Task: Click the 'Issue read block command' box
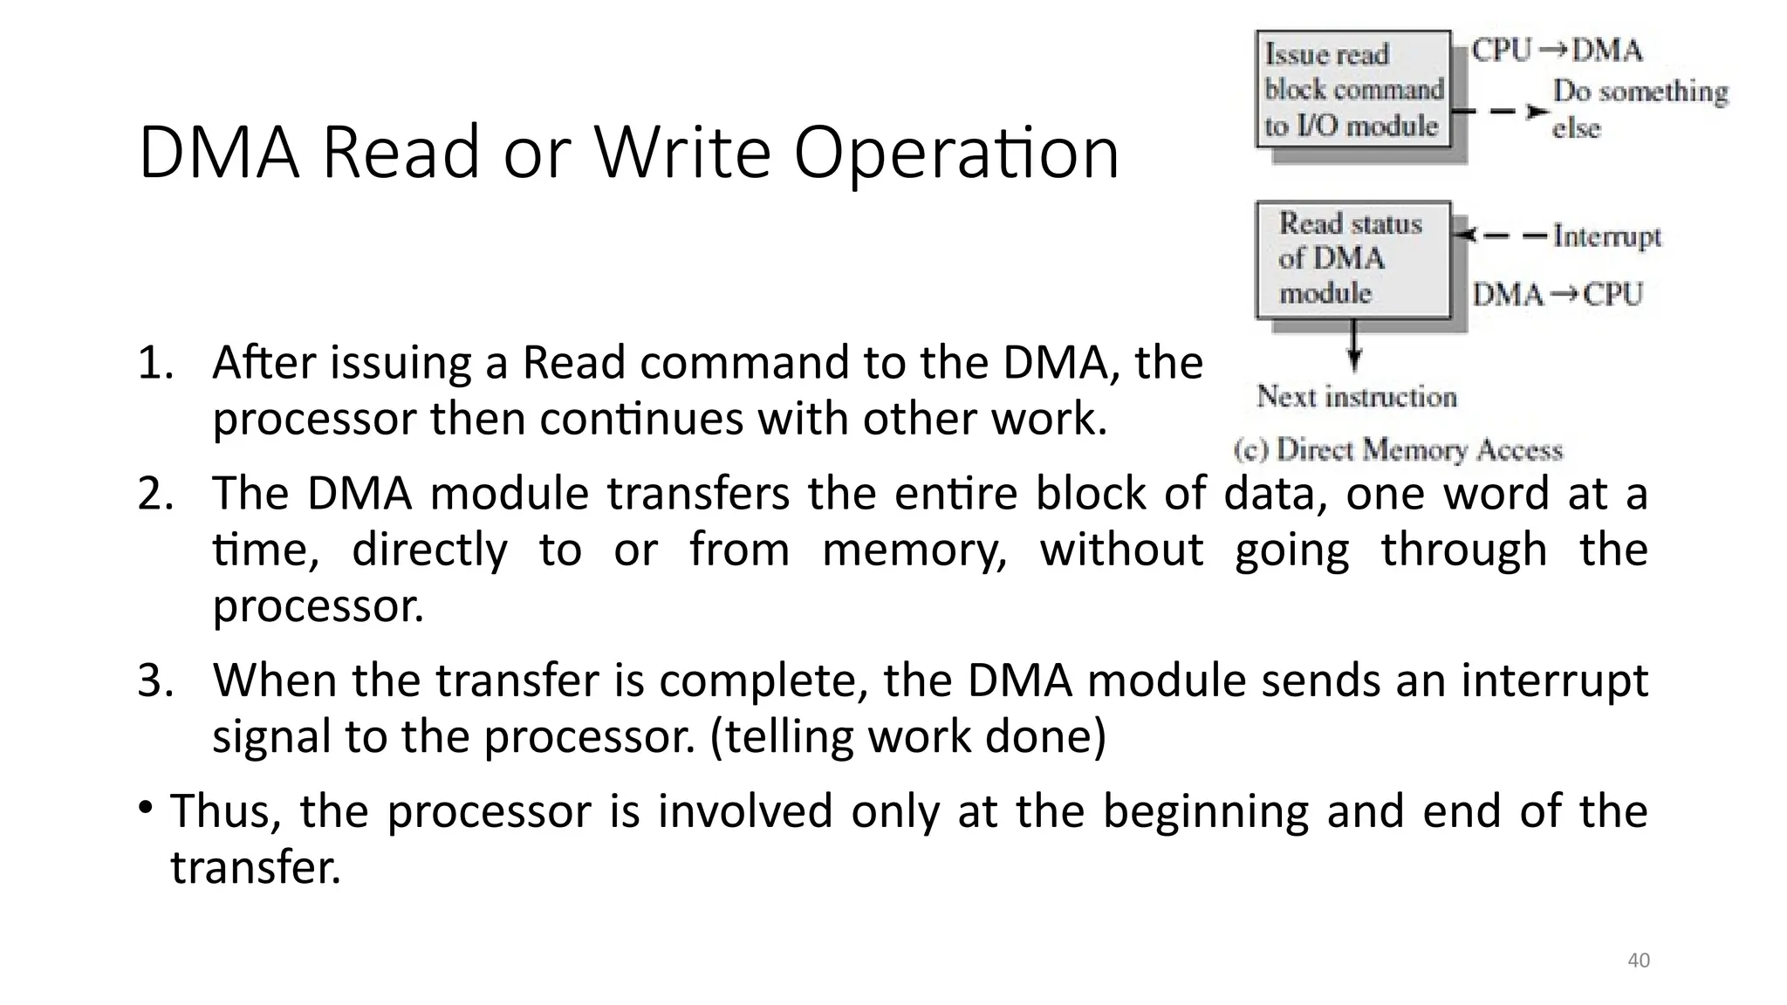click(x=1352, y=90)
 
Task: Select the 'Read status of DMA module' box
click(x=1352, y=258)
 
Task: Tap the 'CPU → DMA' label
click(x=1557, y=51)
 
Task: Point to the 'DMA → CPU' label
click(x=1558, y=294)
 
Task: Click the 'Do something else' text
click(x=1639, y=109)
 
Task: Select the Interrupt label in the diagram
click(x=1606, y=236)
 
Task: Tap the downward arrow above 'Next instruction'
click(x=1353, y=346)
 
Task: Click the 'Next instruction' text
click(x=1357, y=397)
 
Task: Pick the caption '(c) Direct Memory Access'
click(x=1398, y=450)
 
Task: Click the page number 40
click(x=1639, y=961)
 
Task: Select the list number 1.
click(x=154, y=363)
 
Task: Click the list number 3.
click(x=154, y=680)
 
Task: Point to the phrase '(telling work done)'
click(x=908, y=737)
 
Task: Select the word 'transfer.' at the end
click(x=255, y=868)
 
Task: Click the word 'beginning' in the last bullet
click(x=1206, y=811)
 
